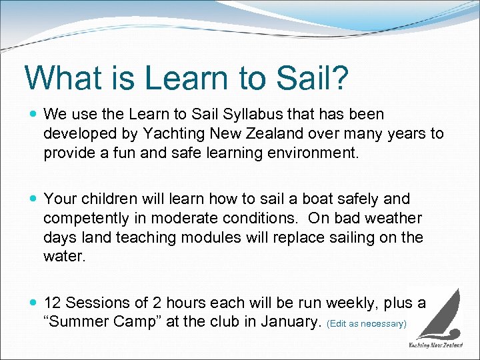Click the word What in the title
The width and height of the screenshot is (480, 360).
click(x=61, y=77)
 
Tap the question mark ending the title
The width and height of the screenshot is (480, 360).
click(x=339, y=77)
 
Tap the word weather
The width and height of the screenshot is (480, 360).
click(x=392, y=218)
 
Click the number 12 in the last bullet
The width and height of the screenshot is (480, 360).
click(x=53, y=303)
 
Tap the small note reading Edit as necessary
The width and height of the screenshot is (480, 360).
click(x=366, y=323)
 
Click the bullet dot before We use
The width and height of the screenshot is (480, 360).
click(x=33, y=115)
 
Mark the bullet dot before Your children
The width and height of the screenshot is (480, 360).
click(x=33, y=199)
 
